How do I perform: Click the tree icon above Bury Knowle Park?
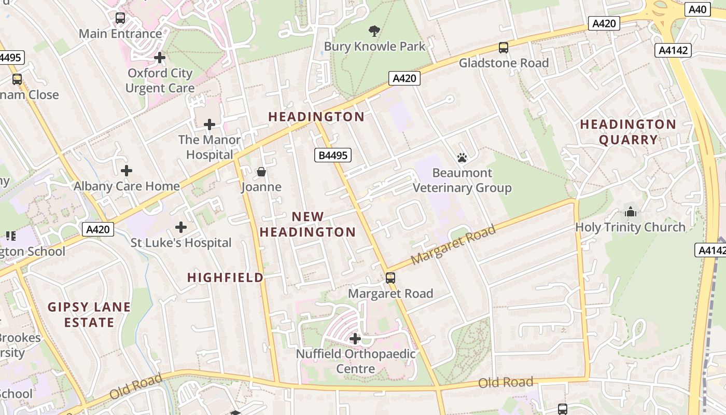click(374, 31)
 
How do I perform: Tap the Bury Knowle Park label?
click(374, 46)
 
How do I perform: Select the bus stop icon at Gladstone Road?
click(503, 48)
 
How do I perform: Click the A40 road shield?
click(697, 9)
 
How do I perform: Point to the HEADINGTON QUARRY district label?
click(628, 132)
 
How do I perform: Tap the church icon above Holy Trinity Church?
click(631, 212)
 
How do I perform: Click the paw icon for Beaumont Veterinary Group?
click(462, 157)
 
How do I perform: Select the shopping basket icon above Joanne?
click(261, 172)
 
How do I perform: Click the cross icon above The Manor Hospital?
click(210, 125)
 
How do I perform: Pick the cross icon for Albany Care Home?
click(126, 171)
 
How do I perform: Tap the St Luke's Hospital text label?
click(180, 243)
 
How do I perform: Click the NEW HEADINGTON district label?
click(308, 224)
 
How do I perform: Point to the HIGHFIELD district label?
click(225, 278)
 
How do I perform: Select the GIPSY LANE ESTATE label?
click(89, 314)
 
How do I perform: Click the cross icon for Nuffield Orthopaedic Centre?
click(355, 339)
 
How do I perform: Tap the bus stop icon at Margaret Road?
click(390, 278)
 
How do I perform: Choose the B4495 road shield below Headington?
click(333, 155)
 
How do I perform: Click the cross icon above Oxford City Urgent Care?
click(160, 58)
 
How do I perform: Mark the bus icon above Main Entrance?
click(120, 18)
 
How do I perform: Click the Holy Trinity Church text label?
click(630, 227)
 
